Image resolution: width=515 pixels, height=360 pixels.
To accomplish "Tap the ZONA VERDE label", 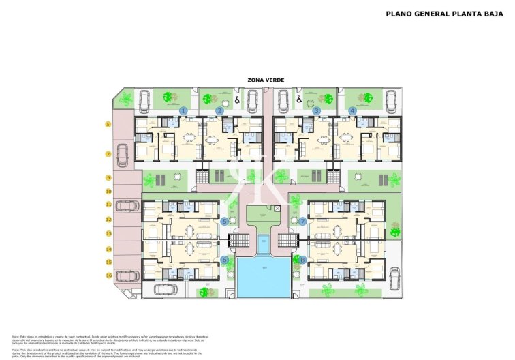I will pos(266,80).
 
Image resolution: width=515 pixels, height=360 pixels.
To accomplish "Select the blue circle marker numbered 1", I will pos(183,110).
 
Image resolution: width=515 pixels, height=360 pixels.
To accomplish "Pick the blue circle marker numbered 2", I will pos(219,110).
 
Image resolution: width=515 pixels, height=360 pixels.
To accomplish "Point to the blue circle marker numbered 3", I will pos(316,110).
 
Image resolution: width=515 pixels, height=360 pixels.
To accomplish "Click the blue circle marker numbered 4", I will pos(352,110).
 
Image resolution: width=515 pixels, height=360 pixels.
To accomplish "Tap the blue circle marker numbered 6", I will pos(225,260).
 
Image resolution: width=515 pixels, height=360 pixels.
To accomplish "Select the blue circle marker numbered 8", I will pos(303,260).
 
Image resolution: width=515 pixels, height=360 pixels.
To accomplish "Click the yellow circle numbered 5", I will pos(108,124).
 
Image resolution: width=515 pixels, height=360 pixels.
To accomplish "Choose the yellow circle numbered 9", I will pos(108,177).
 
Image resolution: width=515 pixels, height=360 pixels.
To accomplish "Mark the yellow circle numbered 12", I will pos(108,220).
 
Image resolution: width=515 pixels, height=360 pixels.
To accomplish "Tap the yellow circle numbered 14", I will pos(108,248).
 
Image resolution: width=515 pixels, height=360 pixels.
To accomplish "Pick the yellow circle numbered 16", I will pos(108,275).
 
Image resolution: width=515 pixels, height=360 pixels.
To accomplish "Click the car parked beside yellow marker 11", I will pos(127,205).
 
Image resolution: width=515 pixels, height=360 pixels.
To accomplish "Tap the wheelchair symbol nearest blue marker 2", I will pos(236,101).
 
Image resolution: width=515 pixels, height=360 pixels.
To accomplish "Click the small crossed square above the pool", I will pos(277,209).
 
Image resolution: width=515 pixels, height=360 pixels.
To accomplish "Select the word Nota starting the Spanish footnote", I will pos(16,336).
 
